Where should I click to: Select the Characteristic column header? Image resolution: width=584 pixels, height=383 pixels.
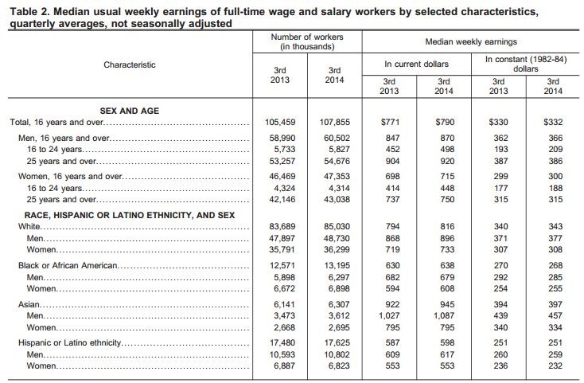pos(130,64)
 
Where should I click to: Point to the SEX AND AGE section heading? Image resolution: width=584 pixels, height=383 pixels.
pos(129,111)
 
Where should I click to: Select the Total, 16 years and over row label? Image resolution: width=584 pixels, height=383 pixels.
pos(55,123)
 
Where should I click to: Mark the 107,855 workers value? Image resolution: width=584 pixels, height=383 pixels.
pos(335,123)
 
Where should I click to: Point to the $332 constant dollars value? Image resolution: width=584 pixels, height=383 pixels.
pos(553,123)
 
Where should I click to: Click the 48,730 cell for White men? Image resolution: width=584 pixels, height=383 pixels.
pos(335,238)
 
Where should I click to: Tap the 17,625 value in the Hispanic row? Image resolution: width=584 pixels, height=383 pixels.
pos(335,343)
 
